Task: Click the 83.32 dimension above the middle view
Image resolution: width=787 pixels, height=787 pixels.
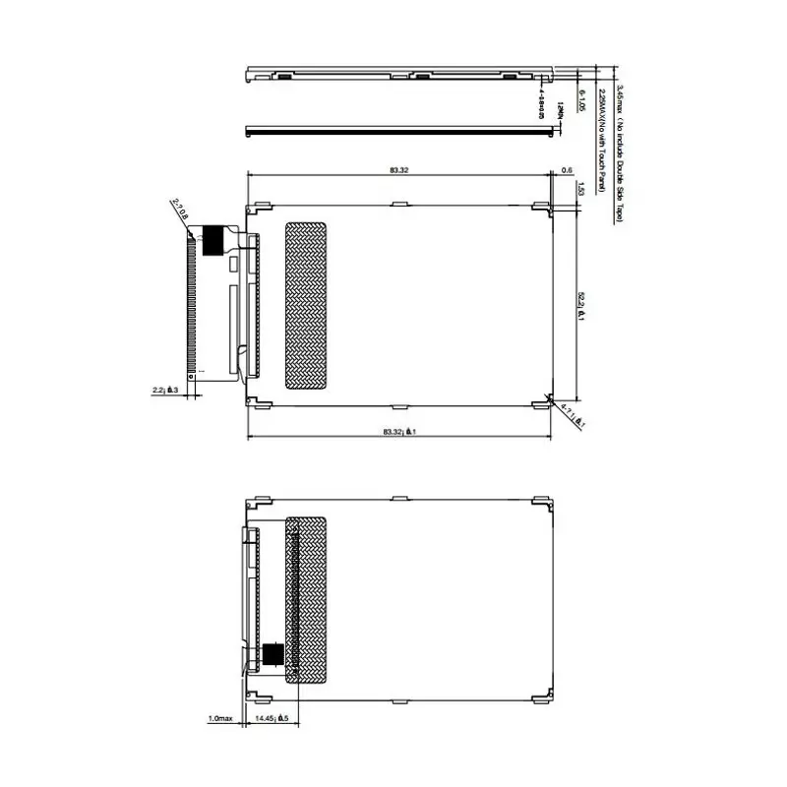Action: coord(398,170)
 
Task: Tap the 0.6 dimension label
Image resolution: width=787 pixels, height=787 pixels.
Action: coord(567,170)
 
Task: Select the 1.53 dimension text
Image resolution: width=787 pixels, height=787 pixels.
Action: coord(581,190)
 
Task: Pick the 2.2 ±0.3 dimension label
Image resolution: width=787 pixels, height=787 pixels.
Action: coord(164,391)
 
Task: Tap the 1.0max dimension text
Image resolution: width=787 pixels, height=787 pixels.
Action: coord(218,719)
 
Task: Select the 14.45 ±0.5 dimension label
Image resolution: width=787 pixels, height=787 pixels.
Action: coord(271,719)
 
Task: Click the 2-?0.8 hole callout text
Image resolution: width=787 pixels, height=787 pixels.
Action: coord(180,210)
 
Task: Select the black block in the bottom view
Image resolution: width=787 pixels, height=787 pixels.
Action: coord(272,654)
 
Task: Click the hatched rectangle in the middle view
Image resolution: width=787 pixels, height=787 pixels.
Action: coord(304,304)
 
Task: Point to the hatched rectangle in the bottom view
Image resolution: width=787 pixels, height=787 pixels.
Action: coord(306,599)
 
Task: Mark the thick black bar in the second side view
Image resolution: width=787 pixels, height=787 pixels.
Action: coord(393,129)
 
